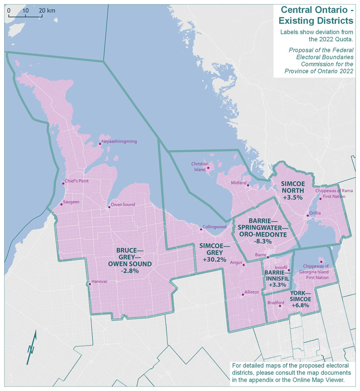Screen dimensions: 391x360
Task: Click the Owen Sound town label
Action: [x=123, y=205]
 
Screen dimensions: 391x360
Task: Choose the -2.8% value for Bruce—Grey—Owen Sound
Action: [x=130, y=270]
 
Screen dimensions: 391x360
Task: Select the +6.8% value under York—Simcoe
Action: [x=299, y=305]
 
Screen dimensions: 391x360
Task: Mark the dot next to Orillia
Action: [x=308, y=216]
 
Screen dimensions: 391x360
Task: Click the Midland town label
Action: [x=239, y=183]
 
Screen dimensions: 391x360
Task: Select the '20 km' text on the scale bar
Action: [x=47, y=10]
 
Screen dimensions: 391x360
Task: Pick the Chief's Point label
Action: [x=77, y=181]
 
